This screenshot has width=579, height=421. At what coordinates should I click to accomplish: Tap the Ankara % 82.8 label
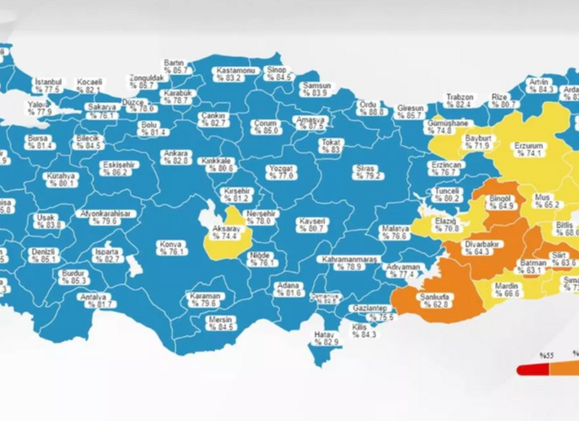pos(176,157)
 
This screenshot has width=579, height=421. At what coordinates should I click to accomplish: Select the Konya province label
pos(172,248)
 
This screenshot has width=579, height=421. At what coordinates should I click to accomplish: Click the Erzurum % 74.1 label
pos(530,149)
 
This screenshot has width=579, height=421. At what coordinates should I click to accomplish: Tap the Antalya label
pos(93,300)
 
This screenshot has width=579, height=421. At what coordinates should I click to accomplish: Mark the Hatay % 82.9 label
pos(326,338)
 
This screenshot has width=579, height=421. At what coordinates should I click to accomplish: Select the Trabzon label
pos(460,101)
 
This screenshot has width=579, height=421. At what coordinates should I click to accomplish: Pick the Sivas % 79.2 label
pos(367,172)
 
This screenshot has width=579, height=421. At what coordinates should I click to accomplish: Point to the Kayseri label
pos(312,225)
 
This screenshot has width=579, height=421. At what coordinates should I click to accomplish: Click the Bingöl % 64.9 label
pos(500,202)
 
